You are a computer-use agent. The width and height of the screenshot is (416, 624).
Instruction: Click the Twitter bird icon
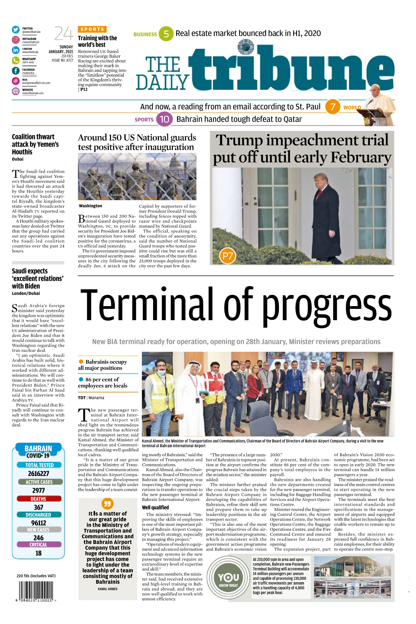pyautogui.click(x=16, y=30)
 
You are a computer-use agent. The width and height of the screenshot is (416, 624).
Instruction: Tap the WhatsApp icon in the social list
pyautogui.click(x=16, y=60)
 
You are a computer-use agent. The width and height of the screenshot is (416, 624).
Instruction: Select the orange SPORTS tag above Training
pyautogui.click(x=92, y=29)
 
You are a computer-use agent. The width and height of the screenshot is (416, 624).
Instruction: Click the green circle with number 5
pyautogui.click(x=166, y=34)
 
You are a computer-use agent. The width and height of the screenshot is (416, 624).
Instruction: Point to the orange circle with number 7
pyautogui.click(x=333, y=107)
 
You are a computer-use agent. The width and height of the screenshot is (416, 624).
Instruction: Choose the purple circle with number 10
pyautogui.click(x=164, y=119)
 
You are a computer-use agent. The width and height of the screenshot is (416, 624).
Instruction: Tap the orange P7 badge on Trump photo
pyautogui.click(x=228, y=256)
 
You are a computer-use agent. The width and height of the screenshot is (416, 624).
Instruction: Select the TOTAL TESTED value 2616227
pyautogui.click(x=39, y=474)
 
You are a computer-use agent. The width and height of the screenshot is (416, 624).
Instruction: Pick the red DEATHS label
pyautogui.click(x=39, y=499)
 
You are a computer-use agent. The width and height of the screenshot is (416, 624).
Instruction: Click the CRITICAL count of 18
pyautogui.click(x=39, y=553)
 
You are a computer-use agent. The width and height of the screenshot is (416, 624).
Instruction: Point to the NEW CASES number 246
pyautogui.click(x=39, y=538)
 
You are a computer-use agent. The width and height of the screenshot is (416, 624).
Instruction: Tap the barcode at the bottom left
pyautogui.click(x=36, y=591)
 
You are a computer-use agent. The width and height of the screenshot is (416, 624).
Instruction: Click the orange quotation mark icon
pyautogui.click(x=108, y=503)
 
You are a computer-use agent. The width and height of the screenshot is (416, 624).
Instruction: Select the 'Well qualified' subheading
pyautogui.click(x=155, y=508)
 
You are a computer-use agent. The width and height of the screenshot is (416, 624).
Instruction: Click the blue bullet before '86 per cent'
pyautogui.click(x=81, y=379)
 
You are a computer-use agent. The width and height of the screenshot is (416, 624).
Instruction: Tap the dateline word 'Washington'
pyautogui.click(x=91, y=206)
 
